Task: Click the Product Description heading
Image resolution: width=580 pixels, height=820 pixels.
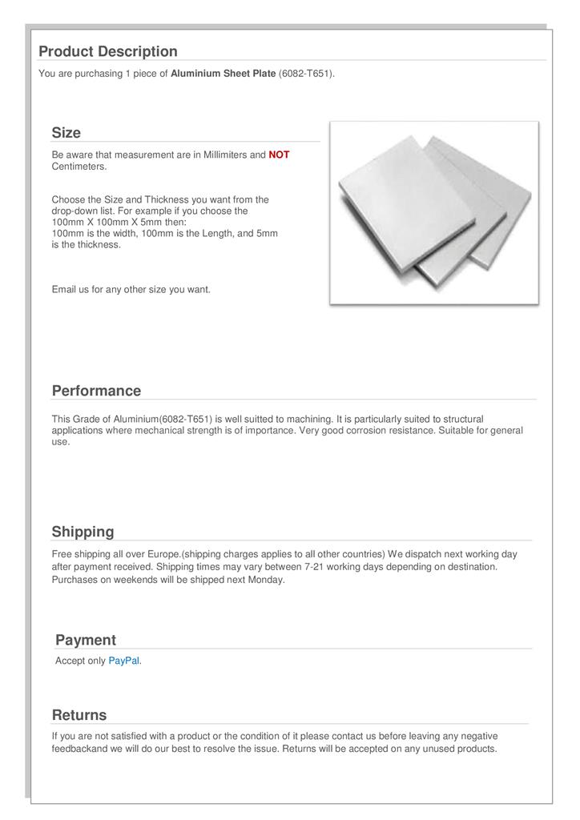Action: click(108, 51)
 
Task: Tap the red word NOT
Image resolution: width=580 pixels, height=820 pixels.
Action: click(279, 155)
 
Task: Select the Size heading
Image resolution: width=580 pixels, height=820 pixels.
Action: click(66, 132)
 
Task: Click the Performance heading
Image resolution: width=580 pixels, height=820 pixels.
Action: click(96, 391)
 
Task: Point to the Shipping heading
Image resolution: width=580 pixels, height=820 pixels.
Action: click(83, 532)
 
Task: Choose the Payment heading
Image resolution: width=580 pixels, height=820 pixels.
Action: click(86, 640)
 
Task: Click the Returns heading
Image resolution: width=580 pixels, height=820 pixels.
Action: click(79, 714)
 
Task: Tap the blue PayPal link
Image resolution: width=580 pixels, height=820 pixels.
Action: click(123, 661)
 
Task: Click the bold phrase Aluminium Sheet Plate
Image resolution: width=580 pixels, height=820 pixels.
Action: click(224, 74)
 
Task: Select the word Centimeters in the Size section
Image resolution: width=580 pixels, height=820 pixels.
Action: click(79, 166)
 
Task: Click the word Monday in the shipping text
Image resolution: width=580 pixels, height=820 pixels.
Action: click(266, 580)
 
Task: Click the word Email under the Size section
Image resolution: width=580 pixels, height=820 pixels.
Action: click(63, 289)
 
